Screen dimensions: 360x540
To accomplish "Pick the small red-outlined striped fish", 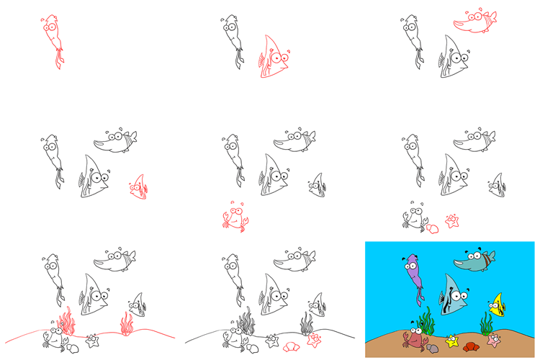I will point(138,187).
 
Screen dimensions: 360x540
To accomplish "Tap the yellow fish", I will point(496,306).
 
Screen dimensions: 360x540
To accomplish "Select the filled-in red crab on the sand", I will point(413,338).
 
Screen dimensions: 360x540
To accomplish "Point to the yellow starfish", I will point(452,341).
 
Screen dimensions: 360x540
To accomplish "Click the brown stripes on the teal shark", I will point(489,258).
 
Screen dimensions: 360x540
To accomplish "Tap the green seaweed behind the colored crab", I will point(426,320).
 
